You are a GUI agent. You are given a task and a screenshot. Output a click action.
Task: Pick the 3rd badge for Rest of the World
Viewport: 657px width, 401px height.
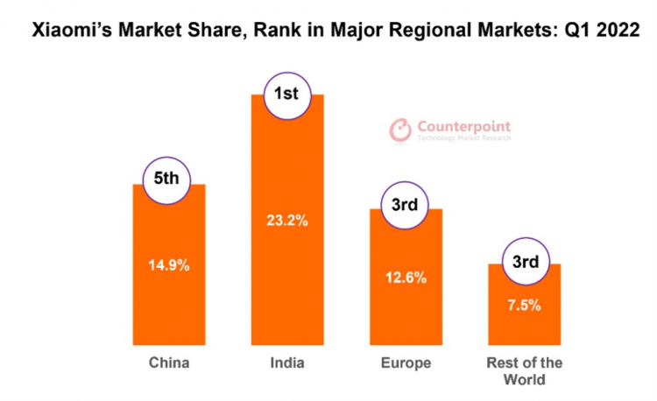524,260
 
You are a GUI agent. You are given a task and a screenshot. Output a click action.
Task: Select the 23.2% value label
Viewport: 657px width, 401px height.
286,221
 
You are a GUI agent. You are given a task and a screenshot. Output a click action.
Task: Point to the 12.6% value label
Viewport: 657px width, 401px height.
406,278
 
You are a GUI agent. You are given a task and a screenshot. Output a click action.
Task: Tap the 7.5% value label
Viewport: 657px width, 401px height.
524,306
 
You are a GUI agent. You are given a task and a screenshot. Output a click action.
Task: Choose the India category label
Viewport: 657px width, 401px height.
286,363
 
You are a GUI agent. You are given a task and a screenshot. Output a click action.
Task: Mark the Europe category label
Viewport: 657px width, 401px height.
406,363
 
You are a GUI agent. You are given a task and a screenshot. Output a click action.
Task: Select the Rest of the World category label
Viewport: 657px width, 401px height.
525,371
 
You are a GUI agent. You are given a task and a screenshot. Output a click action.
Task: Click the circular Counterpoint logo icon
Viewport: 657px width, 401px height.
400,130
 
